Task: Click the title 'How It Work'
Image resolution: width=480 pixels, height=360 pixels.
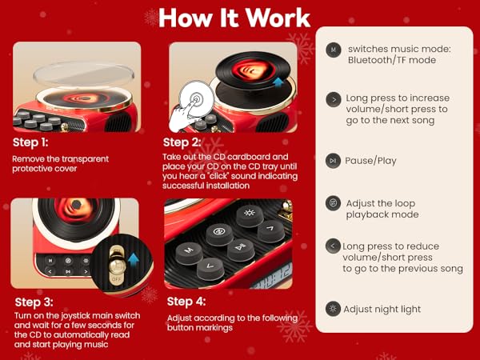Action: tap(234, 18)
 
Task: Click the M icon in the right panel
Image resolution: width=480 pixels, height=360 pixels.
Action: tap(333, 50)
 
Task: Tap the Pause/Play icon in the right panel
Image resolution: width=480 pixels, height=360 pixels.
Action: tap(333, 161)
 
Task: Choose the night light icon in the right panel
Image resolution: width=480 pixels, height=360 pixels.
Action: tap(333, 309)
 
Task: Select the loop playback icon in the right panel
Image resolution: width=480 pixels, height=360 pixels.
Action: tap(333, 203)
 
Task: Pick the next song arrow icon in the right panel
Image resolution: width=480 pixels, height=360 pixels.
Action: tap(333, 99)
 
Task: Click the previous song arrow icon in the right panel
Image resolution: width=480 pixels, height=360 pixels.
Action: tap(333, 246)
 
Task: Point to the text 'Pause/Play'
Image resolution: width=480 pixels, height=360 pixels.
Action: tap(371, 161)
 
